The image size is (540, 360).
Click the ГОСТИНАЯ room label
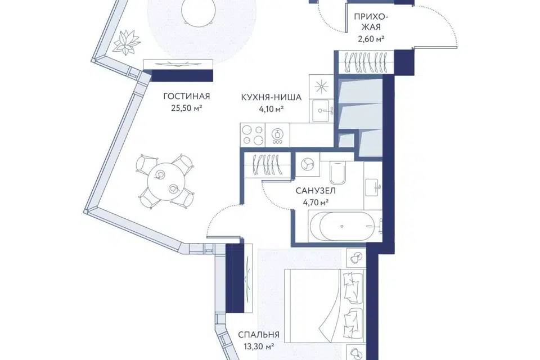(186, 96)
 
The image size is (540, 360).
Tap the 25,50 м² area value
(186, 109)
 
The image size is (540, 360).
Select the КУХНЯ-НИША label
(271, 97)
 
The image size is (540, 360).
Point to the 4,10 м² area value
(271, 110)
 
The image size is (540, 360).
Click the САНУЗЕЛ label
(316, 191)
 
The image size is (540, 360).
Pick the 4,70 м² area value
(316, 202)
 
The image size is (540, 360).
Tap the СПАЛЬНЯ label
(259, 335)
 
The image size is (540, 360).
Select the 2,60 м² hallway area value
(371, 39)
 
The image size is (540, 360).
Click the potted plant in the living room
(127, 42)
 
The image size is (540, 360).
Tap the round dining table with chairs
(165, 182)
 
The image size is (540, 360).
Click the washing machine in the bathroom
(307, 164)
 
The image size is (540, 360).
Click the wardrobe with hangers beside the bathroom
(267, 165)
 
